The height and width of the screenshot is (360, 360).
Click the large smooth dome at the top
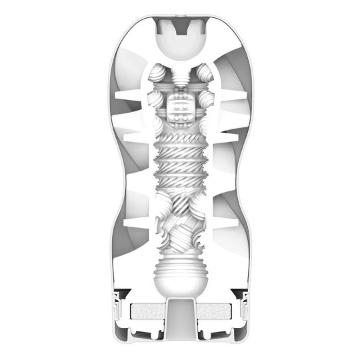click(x=180, y=44)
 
